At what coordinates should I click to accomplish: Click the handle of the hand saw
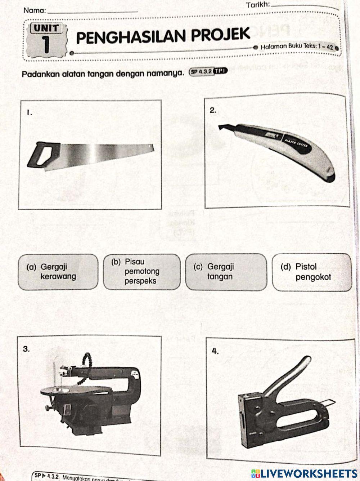click(43, 155)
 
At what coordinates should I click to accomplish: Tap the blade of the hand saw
click(108, 153)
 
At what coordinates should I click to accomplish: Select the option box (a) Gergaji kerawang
click(58, 272)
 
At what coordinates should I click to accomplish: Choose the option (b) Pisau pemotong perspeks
click(141, 272)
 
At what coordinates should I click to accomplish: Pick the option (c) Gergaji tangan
click(226, 272)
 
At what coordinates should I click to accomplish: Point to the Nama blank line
click(93, 12)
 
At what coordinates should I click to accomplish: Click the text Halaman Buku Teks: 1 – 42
click(297, 46)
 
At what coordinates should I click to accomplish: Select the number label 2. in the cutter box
click(213, 111)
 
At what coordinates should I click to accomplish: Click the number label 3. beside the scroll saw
click(26, 348)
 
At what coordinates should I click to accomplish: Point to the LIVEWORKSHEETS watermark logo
click(304, 473)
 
